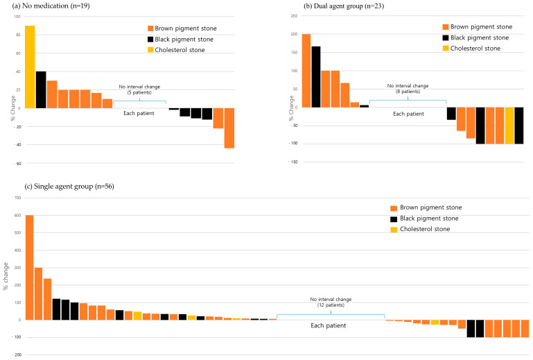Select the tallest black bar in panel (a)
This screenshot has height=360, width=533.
pos(41,89)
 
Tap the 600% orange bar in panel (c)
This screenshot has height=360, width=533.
pos(29,267)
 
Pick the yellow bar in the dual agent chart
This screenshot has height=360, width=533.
pos(509,126)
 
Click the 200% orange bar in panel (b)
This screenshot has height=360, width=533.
pos(306,71)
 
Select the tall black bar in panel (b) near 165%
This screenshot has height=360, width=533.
pos(316,77)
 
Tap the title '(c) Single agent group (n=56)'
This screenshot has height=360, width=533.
pos(49,185)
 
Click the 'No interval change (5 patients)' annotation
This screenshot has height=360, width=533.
pos(139,89)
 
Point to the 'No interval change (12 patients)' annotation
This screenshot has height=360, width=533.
pos(330,302)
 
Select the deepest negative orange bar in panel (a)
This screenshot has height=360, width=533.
pos(229,128)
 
